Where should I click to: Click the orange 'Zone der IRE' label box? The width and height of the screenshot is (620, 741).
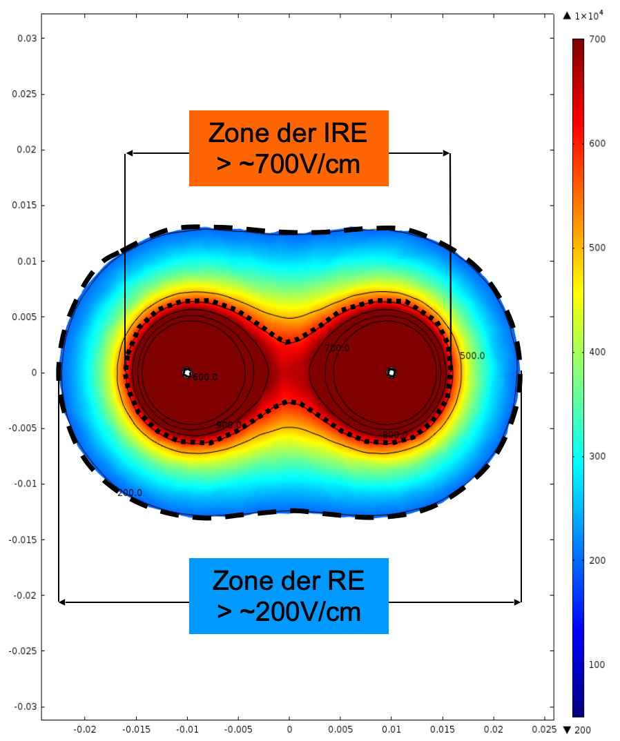[289, 148]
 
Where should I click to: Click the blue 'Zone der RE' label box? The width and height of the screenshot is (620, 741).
[289, 596]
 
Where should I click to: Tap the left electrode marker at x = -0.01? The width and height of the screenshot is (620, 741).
[187, 373]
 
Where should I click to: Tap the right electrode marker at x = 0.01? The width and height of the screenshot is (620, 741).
[391, 373]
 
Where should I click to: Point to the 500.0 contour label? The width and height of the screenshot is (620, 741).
[472, 356]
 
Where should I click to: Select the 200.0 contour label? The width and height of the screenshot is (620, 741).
[130, 493]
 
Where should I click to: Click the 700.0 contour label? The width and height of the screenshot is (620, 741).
[337, 348]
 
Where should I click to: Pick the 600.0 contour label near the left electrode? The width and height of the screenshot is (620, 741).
[205, 377]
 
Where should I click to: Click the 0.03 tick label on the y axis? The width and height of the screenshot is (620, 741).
[26, 39]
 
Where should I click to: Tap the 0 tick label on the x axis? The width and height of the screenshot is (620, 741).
[289, 729]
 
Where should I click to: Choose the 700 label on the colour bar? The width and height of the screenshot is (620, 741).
[598, 39]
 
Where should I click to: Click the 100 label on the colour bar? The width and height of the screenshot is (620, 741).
[598, 664]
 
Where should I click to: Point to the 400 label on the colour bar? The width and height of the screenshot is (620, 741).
[598, 352]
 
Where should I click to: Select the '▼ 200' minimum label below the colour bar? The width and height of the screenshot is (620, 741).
[579, 730]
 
